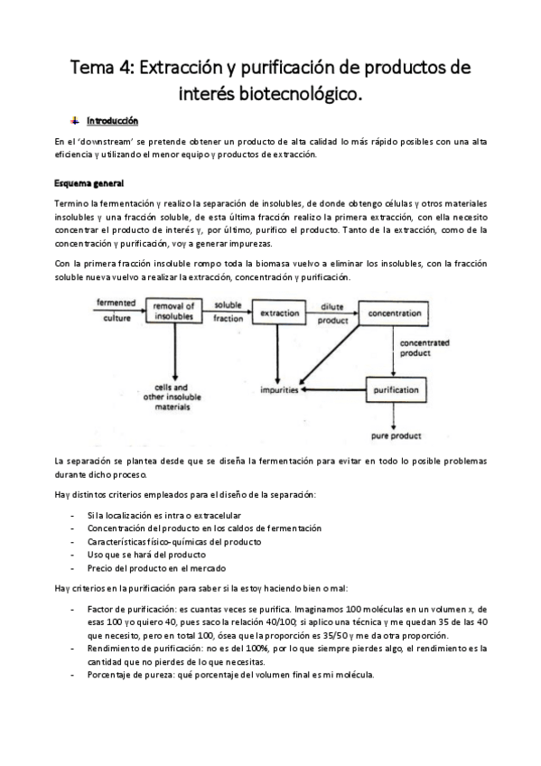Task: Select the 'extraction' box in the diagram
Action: [279, 313]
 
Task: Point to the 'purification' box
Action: [395, 390]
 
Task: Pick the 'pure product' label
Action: [396, 435]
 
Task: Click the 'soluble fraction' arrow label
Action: [228, 313]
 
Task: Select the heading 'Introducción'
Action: [112, 120]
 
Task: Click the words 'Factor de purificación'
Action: [134, 610]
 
